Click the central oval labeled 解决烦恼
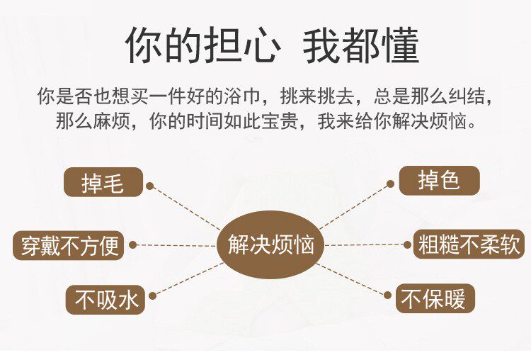pos(270,245)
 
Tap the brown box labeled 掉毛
pos(103,182)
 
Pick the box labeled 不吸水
pos(105,299)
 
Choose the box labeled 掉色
pos(439,181)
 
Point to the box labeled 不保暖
pos(434,298)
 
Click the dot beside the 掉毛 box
pos(149,186)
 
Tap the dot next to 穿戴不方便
pos(132,245)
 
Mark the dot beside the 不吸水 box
pos(152,295)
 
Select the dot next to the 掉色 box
pos(390,184)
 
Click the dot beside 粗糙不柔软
pos(407,245)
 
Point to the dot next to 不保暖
pos(388,294)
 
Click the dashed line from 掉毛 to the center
pos(186,207)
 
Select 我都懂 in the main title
pos(361,45)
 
